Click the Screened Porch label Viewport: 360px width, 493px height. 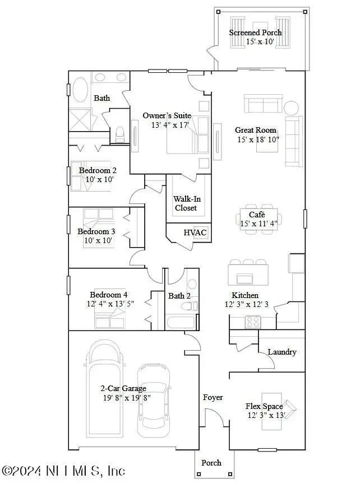255,32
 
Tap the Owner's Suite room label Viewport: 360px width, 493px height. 167,116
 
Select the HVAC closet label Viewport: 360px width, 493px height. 195,232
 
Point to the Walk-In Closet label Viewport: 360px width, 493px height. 185,203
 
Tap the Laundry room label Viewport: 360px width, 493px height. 281,352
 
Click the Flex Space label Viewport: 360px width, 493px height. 264,406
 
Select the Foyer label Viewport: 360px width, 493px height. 213,397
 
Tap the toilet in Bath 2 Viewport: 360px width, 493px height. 192,305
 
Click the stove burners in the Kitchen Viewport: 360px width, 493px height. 253,322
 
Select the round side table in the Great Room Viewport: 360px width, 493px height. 292,107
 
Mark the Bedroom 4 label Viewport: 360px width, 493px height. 109,295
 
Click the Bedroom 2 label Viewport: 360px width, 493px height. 98,171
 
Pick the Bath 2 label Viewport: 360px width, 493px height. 179,296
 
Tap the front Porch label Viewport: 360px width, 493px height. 211,463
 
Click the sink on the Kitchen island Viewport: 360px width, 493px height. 245,279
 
